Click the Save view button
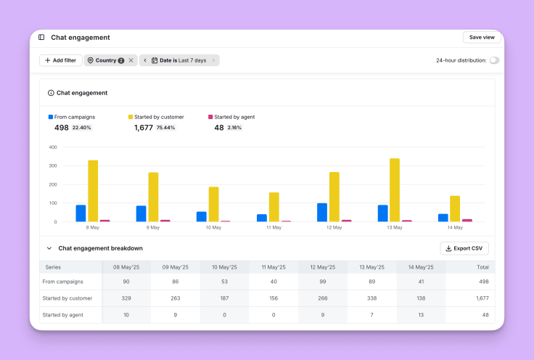pos(482,37)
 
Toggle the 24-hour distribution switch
pos(494,60)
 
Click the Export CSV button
pos(464,248)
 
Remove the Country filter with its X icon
pos(131,60)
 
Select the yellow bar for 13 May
pos(394,190)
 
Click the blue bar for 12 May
pos(322,212)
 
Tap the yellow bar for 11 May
pos(274,207)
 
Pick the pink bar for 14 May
pos(467,220)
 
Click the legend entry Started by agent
pos(234,117)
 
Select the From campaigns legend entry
pos(74,117)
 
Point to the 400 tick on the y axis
pos(53,147)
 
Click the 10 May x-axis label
pos(213,228)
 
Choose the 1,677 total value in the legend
pos(144,128)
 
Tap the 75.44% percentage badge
pos(166,128)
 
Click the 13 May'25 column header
pos(371,267)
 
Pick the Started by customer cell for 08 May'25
pos(126,298)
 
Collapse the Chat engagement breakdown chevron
pos(49,248)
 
